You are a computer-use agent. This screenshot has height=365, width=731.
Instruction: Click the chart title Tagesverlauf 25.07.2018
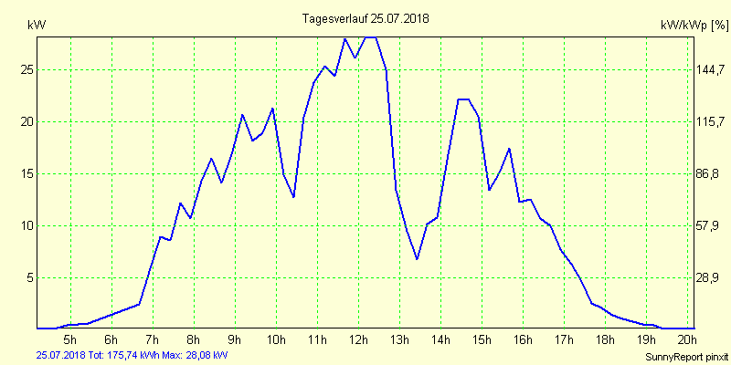coord(365,18)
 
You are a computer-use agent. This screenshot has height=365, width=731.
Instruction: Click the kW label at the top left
coord(37,25)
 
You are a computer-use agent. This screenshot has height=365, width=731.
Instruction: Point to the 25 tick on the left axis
coord(27,69)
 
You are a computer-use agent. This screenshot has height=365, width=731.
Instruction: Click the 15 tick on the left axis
coord(27,173)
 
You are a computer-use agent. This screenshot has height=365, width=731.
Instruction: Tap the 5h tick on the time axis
coord(69,340)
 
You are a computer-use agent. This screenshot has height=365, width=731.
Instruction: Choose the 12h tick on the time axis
coord(358,340)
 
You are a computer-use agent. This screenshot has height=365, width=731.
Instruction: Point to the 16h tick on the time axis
coord(523,340)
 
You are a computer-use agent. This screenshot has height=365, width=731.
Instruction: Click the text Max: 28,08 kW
coord(194,354)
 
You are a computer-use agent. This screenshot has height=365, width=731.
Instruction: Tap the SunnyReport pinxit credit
coord(686,356)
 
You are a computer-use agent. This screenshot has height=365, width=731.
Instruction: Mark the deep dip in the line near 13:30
coord(417,259)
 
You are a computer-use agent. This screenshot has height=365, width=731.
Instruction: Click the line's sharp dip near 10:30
coord(293,197)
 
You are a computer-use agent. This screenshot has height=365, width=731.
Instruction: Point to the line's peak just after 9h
coord(242,115)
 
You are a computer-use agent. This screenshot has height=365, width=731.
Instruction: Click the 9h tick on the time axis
coord(235,340)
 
